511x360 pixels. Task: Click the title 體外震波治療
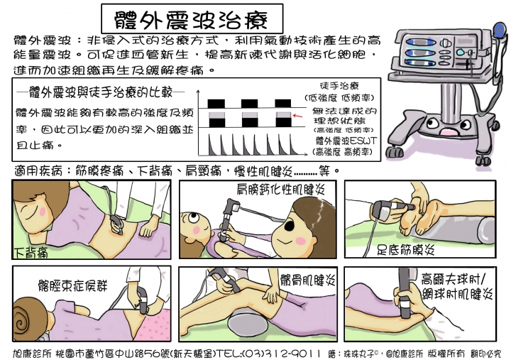(x=192, y=16)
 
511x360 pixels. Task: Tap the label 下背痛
(x=30, y=252)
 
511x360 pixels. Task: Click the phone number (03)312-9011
(x=287, y=352)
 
